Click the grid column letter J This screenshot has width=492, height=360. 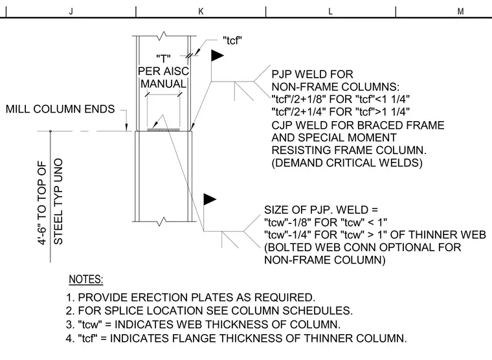71,12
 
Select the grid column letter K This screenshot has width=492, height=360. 201,12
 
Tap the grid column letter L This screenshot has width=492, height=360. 330,12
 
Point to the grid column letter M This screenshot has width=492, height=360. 460,12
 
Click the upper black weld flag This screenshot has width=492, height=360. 217,56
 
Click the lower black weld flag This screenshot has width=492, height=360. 210,199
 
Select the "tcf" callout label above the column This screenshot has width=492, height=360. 232,41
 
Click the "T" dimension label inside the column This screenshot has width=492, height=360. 164,58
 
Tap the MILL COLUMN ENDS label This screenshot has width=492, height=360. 60,109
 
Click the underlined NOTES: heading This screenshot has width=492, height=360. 86,279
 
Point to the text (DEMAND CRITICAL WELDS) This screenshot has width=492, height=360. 347,163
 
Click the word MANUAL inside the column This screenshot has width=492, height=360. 164,84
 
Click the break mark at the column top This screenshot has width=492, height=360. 164,34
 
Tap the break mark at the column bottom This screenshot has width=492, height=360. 164,221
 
